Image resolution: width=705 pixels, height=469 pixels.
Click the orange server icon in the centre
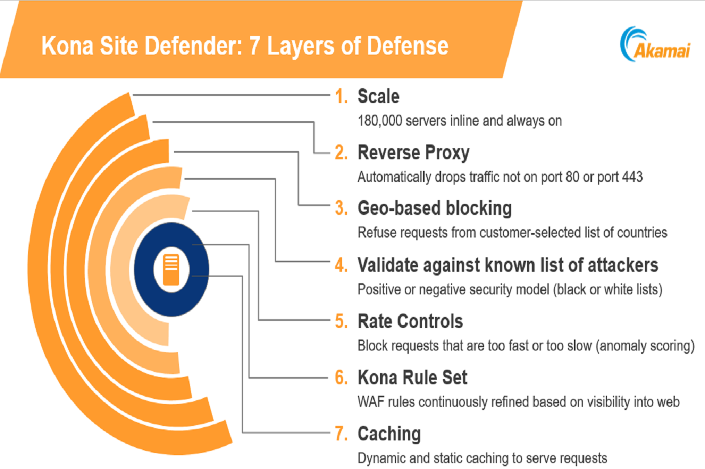(x=171, y=269)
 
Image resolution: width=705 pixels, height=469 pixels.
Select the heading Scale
(x=378, y=96)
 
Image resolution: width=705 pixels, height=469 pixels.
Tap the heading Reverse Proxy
(x=413, y=153)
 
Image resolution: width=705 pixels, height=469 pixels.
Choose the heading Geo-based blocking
(x=435, y=208)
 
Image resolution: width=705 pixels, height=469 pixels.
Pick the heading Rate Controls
(x=410, y=321)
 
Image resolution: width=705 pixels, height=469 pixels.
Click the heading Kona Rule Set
(x=413, y=378)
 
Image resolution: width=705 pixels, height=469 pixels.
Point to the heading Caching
(x=389, y=434)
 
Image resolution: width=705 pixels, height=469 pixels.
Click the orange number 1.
(x=341, y=97)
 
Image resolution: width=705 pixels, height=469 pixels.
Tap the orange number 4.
(x=341, y=265)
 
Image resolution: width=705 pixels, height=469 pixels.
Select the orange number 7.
(x=341, y=434)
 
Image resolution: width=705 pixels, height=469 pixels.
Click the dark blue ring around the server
(x=145, y=269)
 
